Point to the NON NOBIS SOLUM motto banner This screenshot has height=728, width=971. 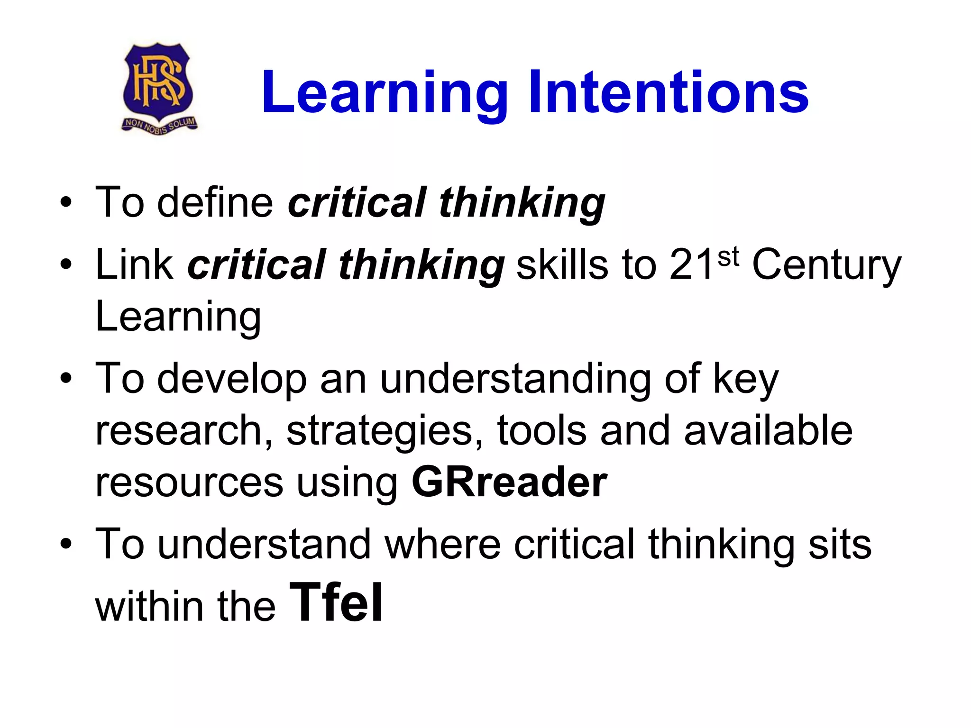[x=160, y=125]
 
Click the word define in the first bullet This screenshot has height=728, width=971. [x=215, y=202]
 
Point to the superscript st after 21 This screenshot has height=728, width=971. [x=728, y=256]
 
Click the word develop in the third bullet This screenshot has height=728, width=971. [x=232, y=379]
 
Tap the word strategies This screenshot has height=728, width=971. [x=385, y=431]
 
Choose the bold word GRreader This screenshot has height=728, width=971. [x=509, y=482]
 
